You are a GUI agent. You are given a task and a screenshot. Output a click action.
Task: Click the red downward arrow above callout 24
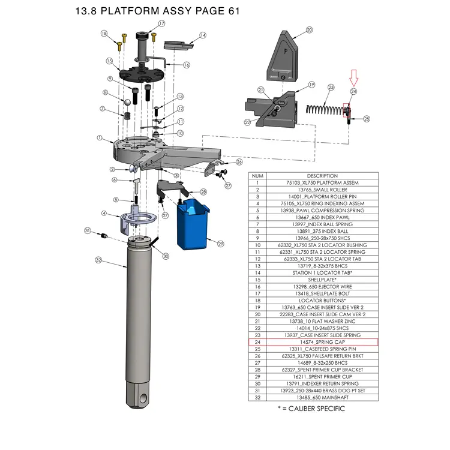(353, 77)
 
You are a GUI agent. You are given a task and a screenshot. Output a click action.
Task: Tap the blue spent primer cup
(193, 224)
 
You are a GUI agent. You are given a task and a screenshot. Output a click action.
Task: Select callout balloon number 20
(309, 30)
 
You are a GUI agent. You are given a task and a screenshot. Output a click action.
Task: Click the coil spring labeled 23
(325, 109)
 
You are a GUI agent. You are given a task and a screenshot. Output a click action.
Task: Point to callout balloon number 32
(98, 260)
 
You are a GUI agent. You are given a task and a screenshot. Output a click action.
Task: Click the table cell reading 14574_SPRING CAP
(322, 342)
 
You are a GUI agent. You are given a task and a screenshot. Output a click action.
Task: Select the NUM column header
(257, 176)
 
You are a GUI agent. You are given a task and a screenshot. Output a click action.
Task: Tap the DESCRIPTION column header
(322, 176)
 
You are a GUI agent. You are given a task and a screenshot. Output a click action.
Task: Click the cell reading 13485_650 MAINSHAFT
(322, 397)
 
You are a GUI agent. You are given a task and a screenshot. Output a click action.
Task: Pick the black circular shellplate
(141, 74)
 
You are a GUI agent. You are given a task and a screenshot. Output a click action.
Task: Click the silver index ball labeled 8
(127, 102)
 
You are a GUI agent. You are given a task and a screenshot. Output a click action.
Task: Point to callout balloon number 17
(161, 23)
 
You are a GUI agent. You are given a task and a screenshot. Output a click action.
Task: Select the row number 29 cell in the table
(257, 377)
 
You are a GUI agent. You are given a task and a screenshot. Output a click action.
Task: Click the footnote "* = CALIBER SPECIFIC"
(311, 409)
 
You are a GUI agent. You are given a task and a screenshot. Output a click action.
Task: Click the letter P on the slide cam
(285, 52)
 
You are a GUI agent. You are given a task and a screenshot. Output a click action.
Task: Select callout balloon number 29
(220, 244)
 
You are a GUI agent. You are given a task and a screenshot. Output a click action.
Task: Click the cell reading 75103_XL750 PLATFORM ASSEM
(322, 183)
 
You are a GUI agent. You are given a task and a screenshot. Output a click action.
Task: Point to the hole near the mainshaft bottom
(143, 398)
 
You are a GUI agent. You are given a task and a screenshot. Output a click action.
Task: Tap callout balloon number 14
(203, 35)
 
